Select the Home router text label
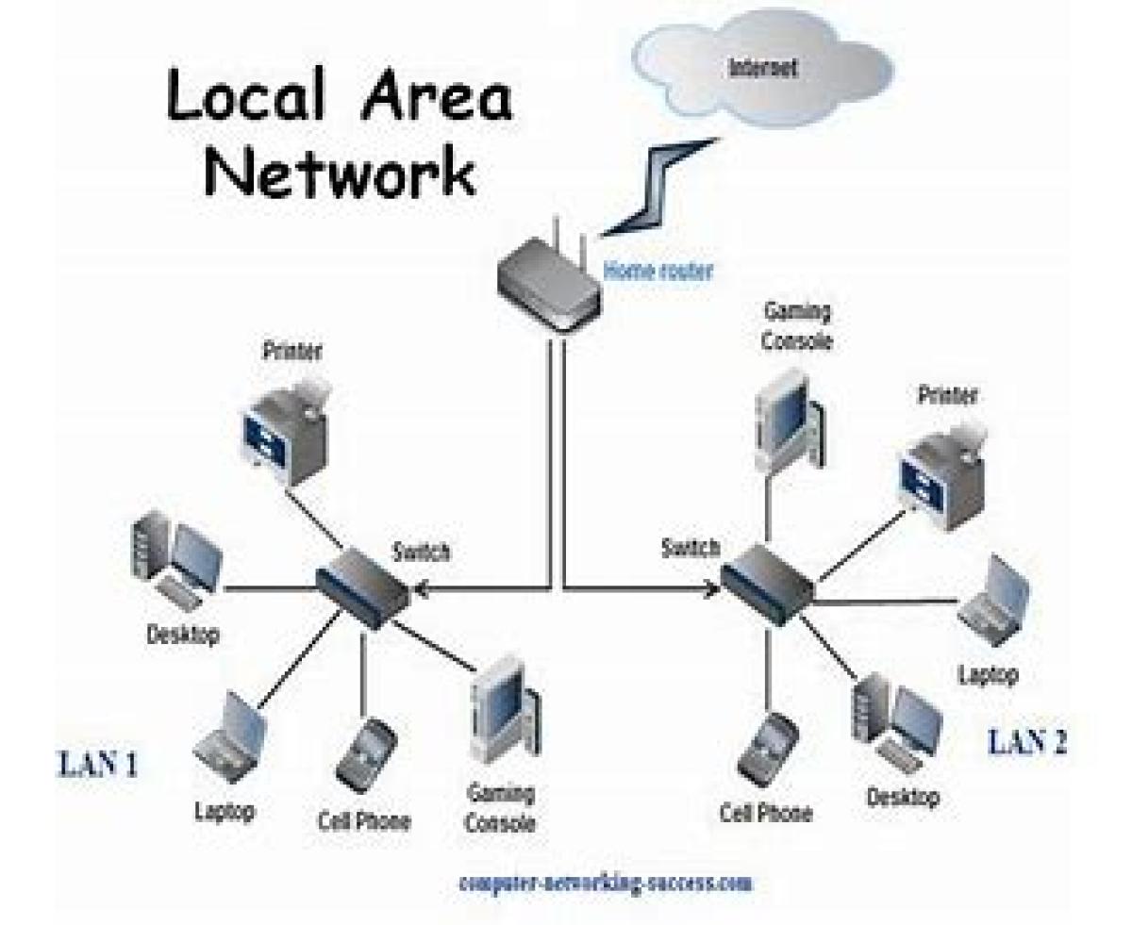(x=658, y=272)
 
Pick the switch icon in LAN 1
(x=362, y=586)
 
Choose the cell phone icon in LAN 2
(x=765, y=749)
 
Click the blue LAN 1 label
(x=98, y=764)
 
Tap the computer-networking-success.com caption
(x=607, y=884)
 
